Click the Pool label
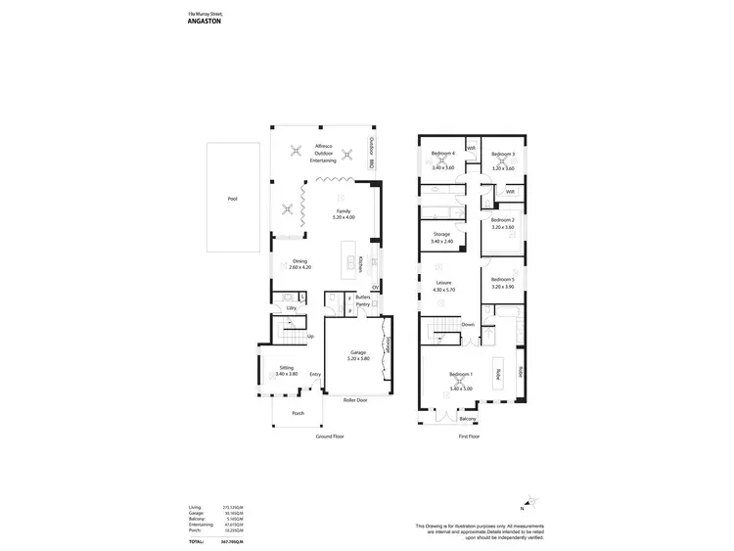pos(232,199)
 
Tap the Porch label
pos(298,413)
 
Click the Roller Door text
pos(355,399)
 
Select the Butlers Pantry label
pos(362,299)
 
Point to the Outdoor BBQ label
pos(373,150)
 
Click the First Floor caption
pos(469,436)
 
